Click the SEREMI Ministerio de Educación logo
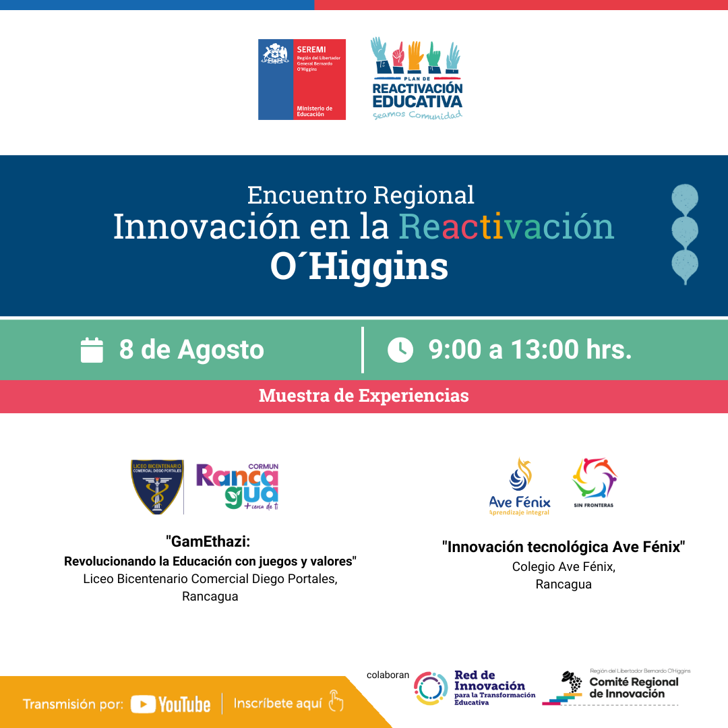coord(301,80)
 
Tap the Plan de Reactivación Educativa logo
coord(417,79)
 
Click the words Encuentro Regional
coord(361,195)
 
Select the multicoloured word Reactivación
coord(506,226)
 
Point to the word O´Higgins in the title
coord(359,268)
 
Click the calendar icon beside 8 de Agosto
coord(92,350)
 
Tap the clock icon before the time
coord(400,350)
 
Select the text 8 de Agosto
coord(191,350)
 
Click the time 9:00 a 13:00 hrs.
coord(530,350)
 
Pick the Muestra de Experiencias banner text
coord(363,396)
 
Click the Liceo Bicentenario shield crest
coord(157,487)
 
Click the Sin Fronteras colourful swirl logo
coord(594,479)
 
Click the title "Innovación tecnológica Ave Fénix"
coord(564,547)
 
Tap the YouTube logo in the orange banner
coord(171,704)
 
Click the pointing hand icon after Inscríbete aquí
coord(335,702)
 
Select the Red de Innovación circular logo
coord(431,688)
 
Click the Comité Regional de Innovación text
coord(634,688)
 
